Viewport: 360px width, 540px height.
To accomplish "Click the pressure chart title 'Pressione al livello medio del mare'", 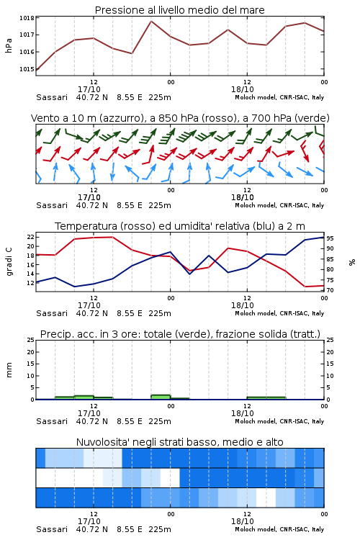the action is click(179, 10).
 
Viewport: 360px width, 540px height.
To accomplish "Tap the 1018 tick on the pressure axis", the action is click(27, 18).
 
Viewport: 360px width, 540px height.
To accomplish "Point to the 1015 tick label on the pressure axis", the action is click(27, 69).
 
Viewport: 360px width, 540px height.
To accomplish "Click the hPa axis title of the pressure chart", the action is click(9, 45).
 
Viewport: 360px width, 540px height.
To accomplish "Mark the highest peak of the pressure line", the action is click(151, 21).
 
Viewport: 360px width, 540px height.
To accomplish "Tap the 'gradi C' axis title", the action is click(9, 261).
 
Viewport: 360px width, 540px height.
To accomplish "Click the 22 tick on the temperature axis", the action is click(31, 237).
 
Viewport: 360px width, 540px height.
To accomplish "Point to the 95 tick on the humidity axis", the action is click(330, 238).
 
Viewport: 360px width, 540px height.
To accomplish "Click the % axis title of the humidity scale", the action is click(352, 262).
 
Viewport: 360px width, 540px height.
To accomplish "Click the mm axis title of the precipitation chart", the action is click(9, 369).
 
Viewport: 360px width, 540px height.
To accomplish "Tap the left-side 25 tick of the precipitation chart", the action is click(31, 340).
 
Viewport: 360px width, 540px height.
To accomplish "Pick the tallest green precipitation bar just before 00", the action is click(161, 397).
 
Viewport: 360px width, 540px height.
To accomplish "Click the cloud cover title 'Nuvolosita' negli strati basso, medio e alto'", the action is click(179, 442).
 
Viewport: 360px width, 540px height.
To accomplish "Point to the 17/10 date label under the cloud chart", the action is click(89, 521).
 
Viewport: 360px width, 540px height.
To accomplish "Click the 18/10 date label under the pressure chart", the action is click(243, 89).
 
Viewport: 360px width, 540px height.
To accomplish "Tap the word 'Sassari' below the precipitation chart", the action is click(52, 421).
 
